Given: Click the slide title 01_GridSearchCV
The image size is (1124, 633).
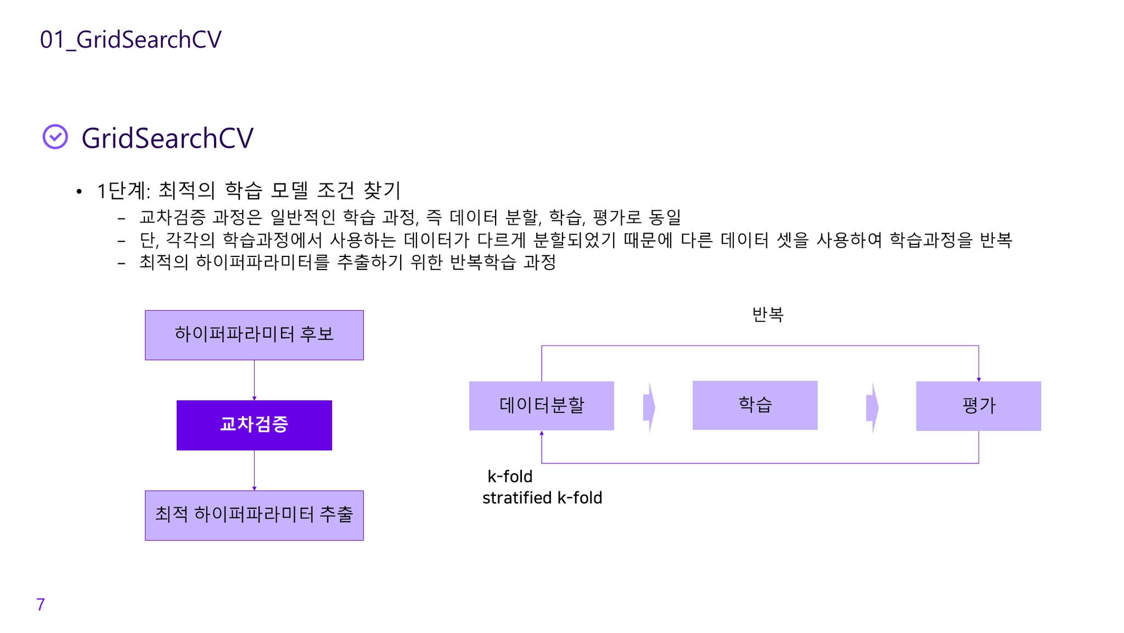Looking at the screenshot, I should click(131, 40).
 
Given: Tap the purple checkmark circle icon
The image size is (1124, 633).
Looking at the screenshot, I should click(55, 137).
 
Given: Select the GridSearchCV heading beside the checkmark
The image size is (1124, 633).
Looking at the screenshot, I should click(167, 138).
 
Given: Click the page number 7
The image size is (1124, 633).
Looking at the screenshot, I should click(41, 604).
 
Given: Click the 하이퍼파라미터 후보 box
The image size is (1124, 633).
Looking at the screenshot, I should click(254, 335).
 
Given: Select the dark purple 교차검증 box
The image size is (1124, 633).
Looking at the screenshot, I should click(254, 425).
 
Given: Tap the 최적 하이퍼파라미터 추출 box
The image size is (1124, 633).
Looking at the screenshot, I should click(254, 515).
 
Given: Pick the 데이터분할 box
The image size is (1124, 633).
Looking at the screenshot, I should click(541, 406).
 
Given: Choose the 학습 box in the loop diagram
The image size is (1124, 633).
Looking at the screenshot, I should click(755, 405).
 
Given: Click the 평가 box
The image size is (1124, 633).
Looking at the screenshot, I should click(978, 406).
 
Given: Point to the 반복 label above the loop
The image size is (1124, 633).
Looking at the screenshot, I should click(767, 315).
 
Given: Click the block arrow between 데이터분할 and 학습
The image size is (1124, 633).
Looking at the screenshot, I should click(649, 407).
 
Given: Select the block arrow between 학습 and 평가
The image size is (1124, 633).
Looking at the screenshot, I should click(872, 407).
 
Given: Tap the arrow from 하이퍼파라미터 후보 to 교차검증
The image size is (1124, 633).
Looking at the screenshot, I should click(254, 380).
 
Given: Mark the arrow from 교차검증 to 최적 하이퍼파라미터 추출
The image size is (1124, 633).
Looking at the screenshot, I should click(254, 470).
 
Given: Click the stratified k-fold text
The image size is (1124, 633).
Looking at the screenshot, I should click(542, 498).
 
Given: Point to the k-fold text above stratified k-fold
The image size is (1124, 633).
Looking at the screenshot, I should click(510, 477).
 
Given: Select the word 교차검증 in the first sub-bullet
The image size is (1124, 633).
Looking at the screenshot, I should click(172, 217).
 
